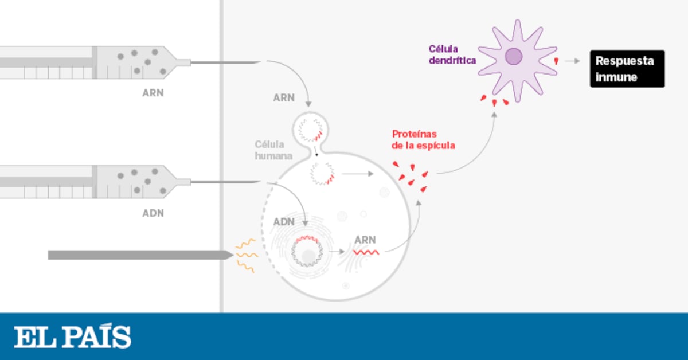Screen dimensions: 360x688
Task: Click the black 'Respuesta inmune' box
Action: tap(627, 69)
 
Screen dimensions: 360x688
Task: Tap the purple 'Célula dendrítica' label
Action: tap(452, 55)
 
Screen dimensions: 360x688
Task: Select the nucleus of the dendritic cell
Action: tap(514, 57)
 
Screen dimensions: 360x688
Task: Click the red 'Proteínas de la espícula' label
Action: tap(423, 139)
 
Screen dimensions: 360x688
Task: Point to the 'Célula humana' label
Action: tap(274, 150)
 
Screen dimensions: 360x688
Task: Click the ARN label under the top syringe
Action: tap(153, 92)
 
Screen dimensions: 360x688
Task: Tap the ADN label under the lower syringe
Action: tap(153, 213)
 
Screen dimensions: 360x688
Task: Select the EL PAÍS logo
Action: tap(73, 337)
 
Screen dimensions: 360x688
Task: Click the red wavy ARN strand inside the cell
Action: tap(365, 252)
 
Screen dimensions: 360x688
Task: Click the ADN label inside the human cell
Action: tap(284, 222)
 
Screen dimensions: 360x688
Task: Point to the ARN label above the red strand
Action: tap(365, 240)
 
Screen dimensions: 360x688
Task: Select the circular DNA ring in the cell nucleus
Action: tap(307, 252)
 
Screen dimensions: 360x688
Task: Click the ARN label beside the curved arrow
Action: tap(284, 97)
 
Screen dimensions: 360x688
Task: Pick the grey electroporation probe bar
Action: tap(138, 255)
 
